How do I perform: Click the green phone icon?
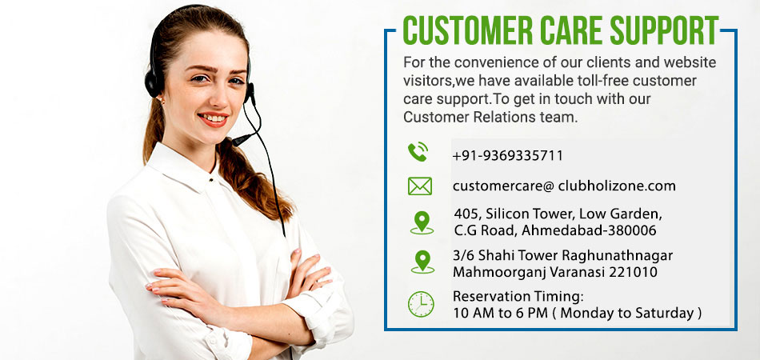pyautogui.click(x=418, y=152)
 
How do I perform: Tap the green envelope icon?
pyautogui.click(x=420, y=186)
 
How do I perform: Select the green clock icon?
pyautogui.click(x=421, y=304)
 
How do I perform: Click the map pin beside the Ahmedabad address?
pyautogui.click(x=422, y=222)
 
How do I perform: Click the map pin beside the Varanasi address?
pyautogui.click(x=422, y=262)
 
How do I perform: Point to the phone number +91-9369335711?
pyautogui.click(x=507, y=155)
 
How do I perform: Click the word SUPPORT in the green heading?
pyautogui.click(x=663, y=30)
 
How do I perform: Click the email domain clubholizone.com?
pyautogui.click(x=617, y=186)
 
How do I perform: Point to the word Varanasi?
pyautogui.click(x=581, y=272)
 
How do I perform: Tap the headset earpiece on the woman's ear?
pyautogui.click(x=155, y=82)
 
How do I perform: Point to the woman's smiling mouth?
pyautogui.click(x=214, y=119)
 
